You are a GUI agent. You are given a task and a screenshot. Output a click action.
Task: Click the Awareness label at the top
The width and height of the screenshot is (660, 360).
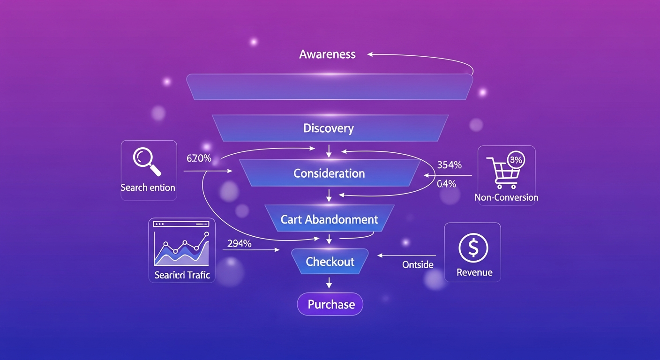click(327, 54)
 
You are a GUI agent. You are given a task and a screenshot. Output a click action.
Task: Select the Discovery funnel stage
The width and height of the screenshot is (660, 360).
click(328, 128)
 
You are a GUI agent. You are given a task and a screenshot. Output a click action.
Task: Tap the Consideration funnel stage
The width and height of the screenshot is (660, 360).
click(329, 173)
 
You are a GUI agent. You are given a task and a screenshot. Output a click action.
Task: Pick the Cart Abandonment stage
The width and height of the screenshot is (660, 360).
click(329, 219)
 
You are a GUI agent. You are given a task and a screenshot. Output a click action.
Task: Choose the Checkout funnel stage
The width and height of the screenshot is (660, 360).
click(330, 262)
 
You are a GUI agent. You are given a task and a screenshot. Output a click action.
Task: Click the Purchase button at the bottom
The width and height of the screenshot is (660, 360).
click(331, 305)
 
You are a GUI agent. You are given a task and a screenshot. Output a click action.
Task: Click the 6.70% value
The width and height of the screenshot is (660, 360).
click(199, 158)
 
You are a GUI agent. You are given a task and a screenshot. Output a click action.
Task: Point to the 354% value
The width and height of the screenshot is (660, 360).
click(449, 165)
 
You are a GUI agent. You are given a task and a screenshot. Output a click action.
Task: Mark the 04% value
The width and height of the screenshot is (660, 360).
click(446, 184)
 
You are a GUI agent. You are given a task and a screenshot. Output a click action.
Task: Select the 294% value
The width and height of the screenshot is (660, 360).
click(239, 243)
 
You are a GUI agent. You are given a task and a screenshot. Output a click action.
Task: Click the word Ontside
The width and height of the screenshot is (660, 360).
click(418, 265)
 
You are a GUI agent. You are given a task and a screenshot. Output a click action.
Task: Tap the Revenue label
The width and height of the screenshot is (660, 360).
click(474, 272)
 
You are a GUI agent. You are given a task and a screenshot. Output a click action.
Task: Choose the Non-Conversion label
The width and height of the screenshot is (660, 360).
click(506, 197)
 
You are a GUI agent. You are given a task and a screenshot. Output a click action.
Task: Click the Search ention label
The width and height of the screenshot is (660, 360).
click(148, 187)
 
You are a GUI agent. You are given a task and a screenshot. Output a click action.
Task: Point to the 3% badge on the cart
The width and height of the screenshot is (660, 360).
click(516, 160)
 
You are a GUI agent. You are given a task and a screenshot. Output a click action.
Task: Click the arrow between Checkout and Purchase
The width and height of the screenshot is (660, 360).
click(329, 282)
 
